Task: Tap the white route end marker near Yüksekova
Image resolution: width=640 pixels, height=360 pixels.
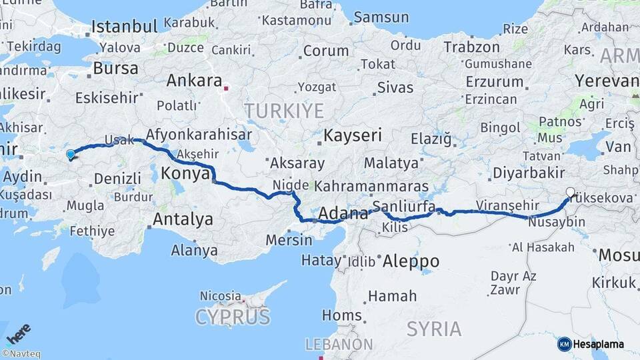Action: [x=570, y=193]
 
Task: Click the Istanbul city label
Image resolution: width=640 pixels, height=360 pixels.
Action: [x=125, y=27]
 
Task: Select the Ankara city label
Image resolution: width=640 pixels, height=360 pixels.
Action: [x=194, y=81]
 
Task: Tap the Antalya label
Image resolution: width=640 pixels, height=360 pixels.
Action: [x=183, y=219]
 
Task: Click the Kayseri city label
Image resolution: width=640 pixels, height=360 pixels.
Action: [x=353, y=135]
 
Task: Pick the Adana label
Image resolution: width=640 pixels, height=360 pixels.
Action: [x=343, y=214]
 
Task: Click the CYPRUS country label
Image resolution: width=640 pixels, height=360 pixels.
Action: [x=233, y=317]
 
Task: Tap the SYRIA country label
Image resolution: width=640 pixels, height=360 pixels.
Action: [x=434, y=328]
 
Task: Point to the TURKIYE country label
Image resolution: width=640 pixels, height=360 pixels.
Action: [x=284, y=110]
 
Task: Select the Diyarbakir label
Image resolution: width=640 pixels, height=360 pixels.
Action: [x=528, y=173]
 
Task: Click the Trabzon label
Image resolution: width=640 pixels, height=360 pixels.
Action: [x=472, y=47]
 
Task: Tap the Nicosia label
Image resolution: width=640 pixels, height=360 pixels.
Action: [x=221, y=295]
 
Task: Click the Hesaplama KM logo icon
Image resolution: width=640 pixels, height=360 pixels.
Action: [x=565, y=344]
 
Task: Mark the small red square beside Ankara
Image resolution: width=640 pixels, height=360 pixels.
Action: [x=227, y=87]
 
